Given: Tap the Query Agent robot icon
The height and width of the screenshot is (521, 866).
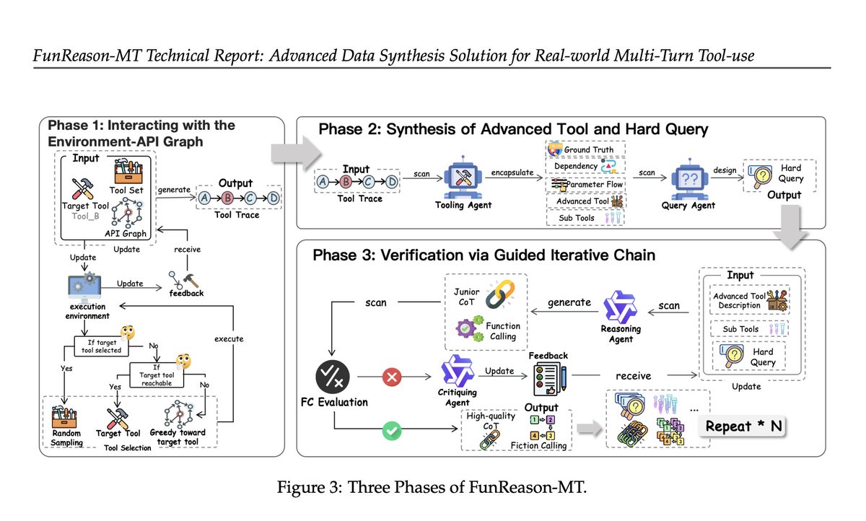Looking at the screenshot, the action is click(690, 178).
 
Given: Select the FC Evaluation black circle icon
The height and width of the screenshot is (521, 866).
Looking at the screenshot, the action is click(333, 377).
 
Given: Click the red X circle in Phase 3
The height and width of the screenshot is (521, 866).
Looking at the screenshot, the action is click(392, 377).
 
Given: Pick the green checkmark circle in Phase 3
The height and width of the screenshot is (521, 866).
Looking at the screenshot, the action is click(392, 431).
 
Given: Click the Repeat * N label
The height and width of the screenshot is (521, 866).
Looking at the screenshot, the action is click(743, 426).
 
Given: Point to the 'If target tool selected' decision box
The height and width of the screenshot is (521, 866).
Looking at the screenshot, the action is click(101, 346).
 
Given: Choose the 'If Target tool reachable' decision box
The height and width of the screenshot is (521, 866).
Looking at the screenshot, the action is click(157, 375).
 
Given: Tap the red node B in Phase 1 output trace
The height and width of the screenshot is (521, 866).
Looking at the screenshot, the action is click(227, 198).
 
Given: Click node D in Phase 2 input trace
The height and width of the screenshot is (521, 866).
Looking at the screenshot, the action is click(392, 182).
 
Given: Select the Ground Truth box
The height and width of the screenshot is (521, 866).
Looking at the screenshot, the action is click(585, 149).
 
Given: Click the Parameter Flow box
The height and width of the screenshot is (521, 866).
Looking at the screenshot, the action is click(586, 184).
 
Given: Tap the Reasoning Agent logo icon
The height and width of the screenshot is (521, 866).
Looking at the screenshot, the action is click(620, 307).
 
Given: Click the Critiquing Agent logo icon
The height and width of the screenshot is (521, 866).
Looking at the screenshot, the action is click(458, 371).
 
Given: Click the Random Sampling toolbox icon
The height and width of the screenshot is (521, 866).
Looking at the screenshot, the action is click(64, 416).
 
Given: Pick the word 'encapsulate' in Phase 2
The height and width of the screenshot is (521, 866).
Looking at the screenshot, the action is click(512, 172).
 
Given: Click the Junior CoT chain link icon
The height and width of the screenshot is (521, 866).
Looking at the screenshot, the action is click(500, 294).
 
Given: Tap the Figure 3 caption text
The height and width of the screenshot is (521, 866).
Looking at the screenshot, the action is click(432, 487).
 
